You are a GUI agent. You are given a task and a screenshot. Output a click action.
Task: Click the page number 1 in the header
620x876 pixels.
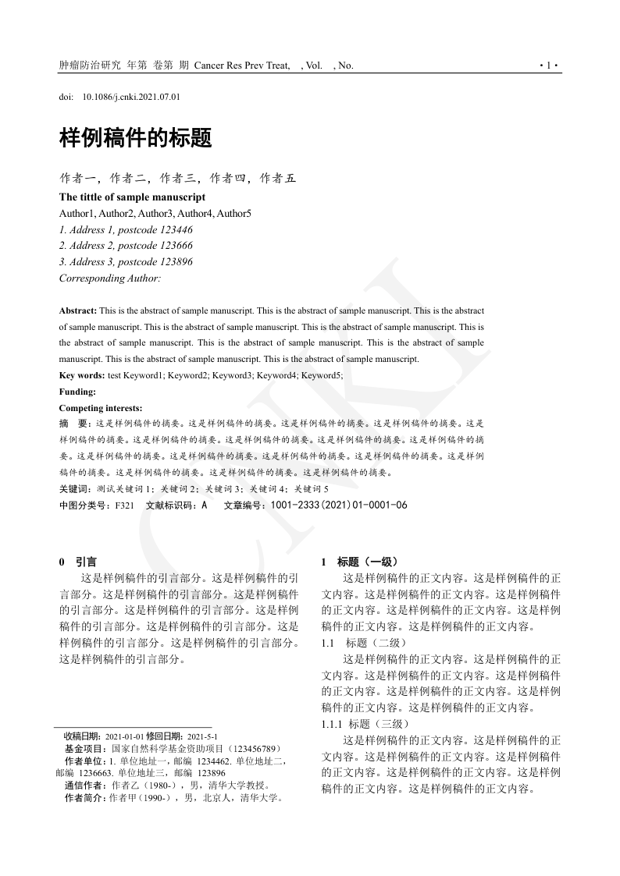pos(549,66)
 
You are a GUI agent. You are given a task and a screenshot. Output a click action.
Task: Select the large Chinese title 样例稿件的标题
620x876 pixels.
pos(135,140)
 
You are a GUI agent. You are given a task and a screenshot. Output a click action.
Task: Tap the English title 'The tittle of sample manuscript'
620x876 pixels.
pos(132,197)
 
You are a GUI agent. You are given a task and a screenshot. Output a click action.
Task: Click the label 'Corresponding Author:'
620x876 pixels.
pos(109,278)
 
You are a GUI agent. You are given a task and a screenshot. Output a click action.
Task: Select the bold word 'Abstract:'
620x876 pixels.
pos(78,310)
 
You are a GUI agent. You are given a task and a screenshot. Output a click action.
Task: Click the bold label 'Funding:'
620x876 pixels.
pos(77,392)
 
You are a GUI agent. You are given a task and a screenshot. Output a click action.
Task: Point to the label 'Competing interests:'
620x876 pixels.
pos(101,408)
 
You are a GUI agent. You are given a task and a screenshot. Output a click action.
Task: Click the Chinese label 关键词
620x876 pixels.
pos(74,488)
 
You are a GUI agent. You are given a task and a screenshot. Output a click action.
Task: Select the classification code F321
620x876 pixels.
pos(125,505)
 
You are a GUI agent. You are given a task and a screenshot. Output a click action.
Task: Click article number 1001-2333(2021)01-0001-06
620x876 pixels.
pos(339,505)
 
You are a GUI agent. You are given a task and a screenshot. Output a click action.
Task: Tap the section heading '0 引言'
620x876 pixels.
pos(78,562)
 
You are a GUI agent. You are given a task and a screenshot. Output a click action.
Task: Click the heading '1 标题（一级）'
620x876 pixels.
pos(360,562)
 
